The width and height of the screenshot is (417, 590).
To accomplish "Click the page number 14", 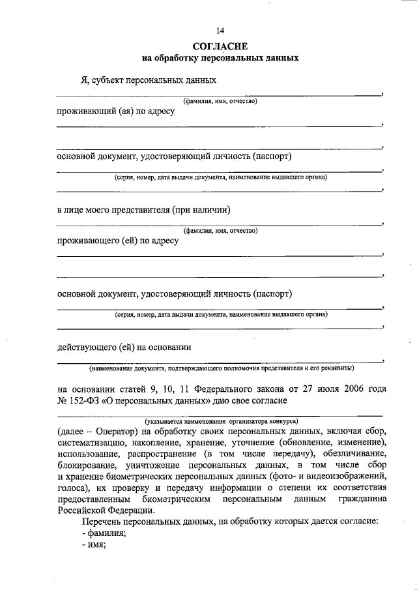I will click(220, 31).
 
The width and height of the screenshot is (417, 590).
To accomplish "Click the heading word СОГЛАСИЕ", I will click(220, 46).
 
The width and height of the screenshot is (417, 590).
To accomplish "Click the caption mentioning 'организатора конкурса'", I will click(221, 420).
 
